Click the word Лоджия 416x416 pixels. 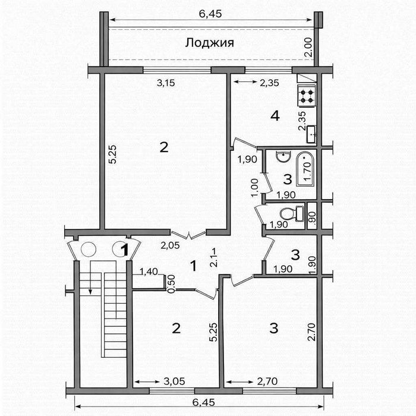pyautogui.click(x=209, y=43)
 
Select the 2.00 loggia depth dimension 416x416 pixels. pyautogui.click(x=308, y=46)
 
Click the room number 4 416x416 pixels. pyautogui.click(x=275, y=116)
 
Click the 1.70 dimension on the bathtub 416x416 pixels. pyautogui.click(x=308, y=168)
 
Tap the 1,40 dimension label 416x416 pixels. pyautogui.click(x=149, y=272)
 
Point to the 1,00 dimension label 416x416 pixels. pyautogui.click(x=254, y=188)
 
